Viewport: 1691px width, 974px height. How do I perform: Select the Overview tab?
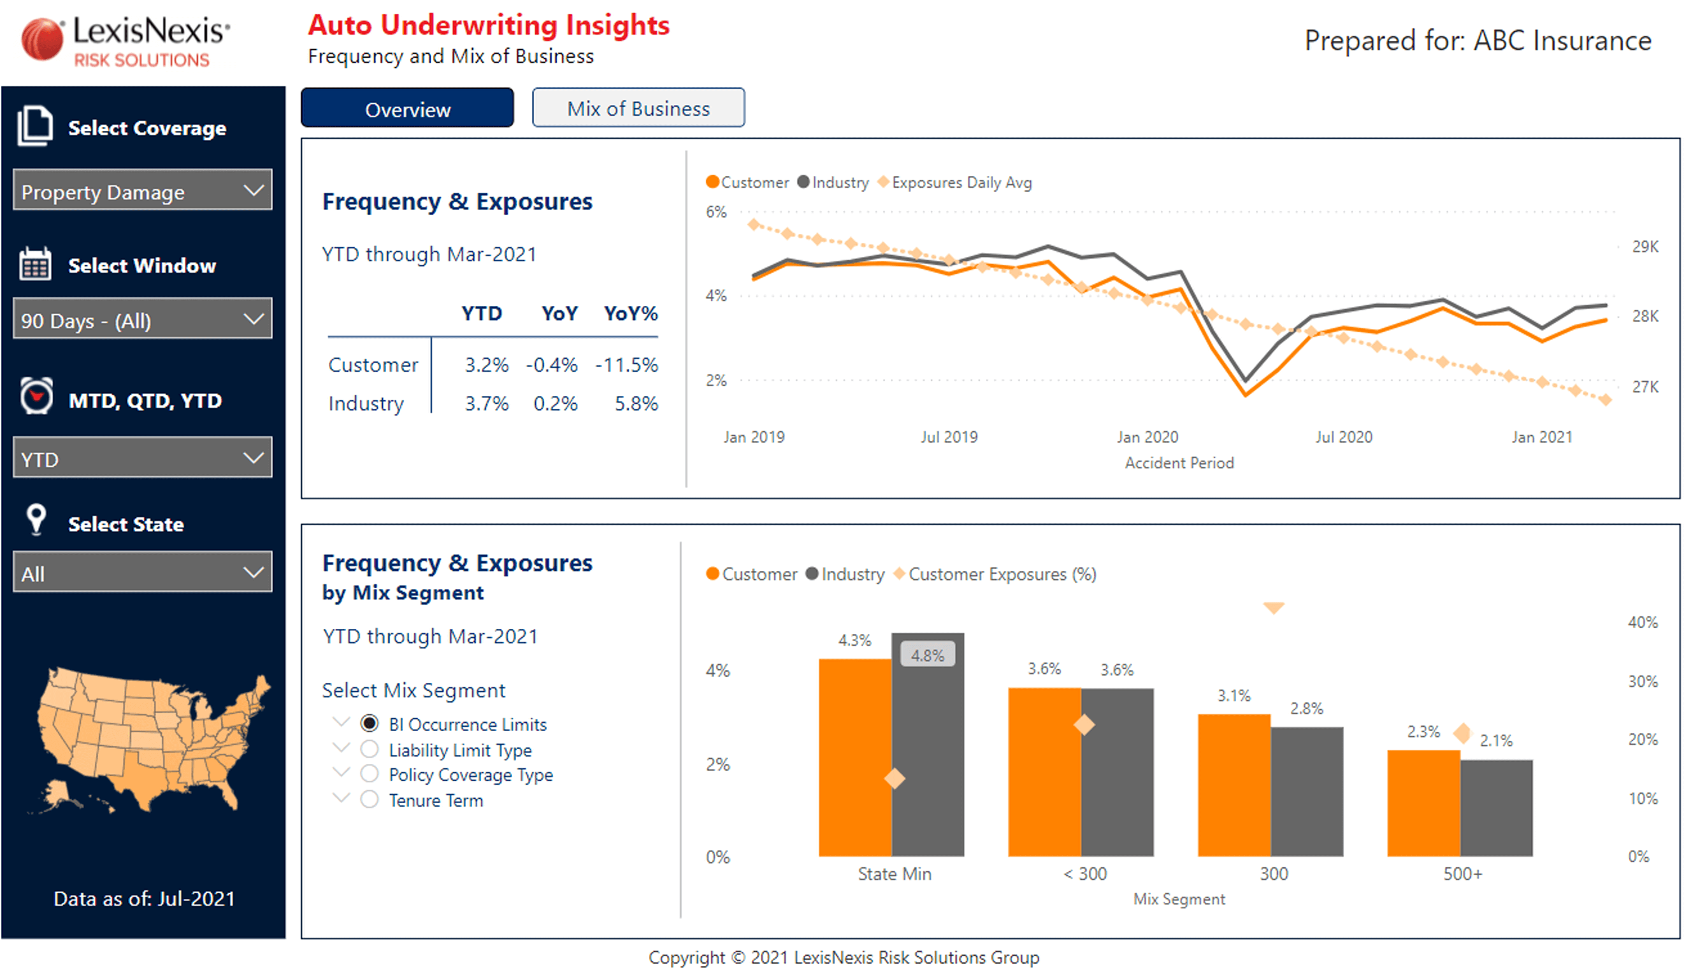coord(407,108)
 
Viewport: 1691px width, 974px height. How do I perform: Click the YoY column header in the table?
coord(559,313)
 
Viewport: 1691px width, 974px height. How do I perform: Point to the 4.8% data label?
coord(927,655)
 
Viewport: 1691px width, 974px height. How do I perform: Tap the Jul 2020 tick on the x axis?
coord(1343,437)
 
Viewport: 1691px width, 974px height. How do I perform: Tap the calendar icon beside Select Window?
coord(35,265)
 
